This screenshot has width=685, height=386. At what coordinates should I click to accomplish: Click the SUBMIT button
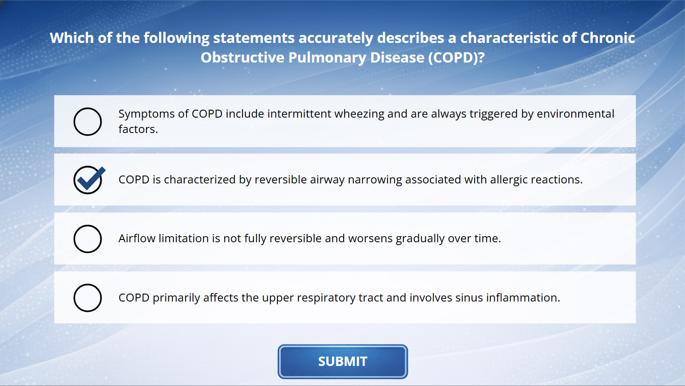[x=342, y=362]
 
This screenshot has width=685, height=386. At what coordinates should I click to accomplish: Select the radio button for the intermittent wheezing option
[x=88, y=121]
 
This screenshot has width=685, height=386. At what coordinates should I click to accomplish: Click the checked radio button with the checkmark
[x=89, y=180]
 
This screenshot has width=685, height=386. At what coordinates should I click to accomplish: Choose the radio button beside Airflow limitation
[x=88, y=239]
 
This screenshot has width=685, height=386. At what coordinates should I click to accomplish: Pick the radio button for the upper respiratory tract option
[x=88, y=298]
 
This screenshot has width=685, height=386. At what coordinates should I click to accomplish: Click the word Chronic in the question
[x=608, y=38]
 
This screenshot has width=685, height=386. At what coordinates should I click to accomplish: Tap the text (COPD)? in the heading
[x=456, y=57]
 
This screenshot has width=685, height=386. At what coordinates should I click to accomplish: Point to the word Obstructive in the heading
[x=242, y=57]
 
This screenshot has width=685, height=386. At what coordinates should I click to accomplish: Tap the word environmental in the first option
[x=575, y=114]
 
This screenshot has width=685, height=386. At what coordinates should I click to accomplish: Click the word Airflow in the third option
[x=137, y=239]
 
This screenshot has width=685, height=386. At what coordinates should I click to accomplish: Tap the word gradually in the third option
[x=420, y=239]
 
